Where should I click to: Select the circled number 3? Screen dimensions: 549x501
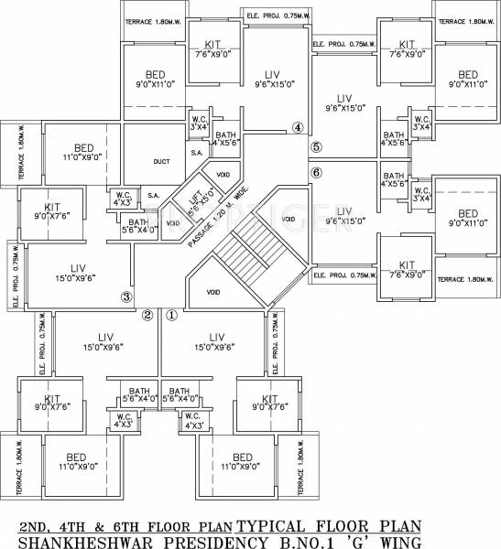pos(127,296)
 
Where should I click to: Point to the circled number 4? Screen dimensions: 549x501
pos(297,127)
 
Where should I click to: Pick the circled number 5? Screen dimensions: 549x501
pos(316,146)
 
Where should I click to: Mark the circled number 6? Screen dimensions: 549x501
pos(316,172)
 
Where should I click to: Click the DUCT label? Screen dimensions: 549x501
pos(161,161)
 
